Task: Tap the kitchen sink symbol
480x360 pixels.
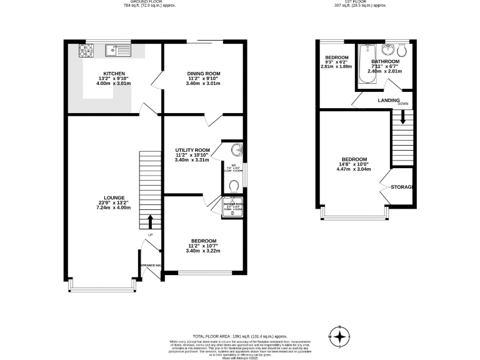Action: tap(112, 49)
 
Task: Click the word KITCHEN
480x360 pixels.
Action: tap(114, 74)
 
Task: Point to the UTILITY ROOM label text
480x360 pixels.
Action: tap(192, 151)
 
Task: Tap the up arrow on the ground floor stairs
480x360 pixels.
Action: tap(150, 221)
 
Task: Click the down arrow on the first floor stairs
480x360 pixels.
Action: tap(403, 116)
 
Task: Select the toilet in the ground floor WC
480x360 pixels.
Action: tap(234, 186)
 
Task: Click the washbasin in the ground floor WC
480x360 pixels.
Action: tap(236, 149)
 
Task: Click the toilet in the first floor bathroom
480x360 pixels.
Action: tap(402, 50)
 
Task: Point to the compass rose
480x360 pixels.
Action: tap(340, 337)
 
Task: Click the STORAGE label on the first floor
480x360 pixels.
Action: tap(402, 187)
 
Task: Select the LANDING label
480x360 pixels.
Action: tap(388, 100)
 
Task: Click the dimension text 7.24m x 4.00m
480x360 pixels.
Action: tap(113, 207)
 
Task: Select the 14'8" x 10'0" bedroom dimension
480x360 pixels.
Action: tap(353, 164)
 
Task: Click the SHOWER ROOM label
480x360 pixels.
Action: tap(234, 204)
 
